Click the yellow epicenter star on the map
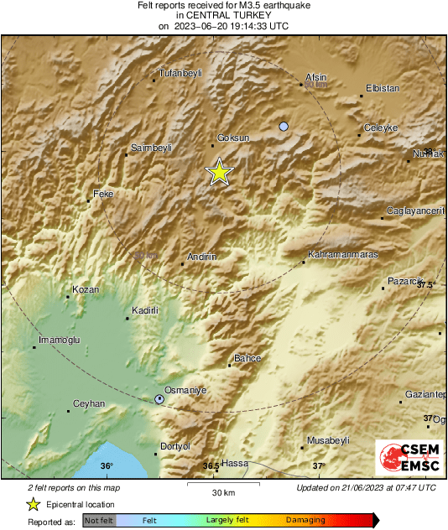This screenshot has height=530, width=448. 219,172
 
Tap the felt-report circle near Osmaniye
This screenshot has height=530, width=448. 159,400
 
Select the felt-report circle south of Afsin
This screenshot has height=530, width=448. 284,127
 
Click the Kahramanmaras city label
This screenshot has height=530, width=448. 343,254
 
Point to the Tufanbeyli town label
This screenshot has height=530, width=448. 182,74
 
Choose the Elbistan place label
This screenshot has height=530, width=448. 383,88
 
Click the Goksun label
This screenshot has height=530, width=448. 233,138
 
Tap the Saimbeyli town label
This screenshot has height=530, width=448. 152,148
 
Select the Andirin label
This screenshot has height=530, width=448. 202,256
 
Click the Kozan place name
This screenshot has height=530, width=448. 86,289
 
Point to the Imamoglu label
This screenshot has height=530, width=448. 59,340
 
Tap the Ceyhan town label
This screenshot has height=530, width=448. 89,403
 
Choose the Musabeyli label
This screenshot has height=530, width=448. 328,440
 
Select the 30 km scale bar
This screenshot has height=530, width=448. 222,486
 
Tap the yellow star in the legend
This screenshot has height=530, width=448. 33,504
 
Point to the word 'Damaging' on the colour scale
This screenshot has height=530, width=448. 305,521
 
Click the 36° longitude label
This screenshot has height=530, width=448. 106,466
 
